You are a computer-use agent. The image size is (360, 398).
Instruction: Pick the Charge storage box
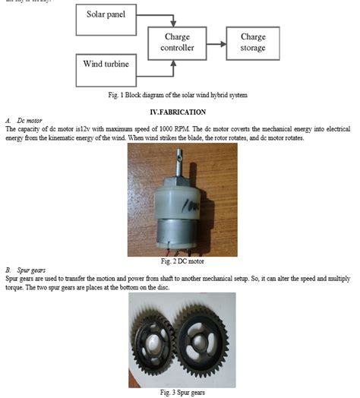click(x=253, y=43)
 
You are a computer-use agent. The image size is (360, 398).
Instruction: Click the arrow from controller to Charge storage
click(x=216, y=43)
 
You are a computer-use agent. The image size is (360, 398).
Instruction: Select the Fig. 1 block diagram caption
click(x=179, y=95)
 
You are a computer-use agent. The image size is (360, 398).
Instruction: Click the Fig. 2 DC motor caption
click(x=181, y=261)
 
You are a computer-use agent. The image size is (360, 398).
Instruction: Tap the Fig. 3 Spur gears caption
click(x=181, y=392)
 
